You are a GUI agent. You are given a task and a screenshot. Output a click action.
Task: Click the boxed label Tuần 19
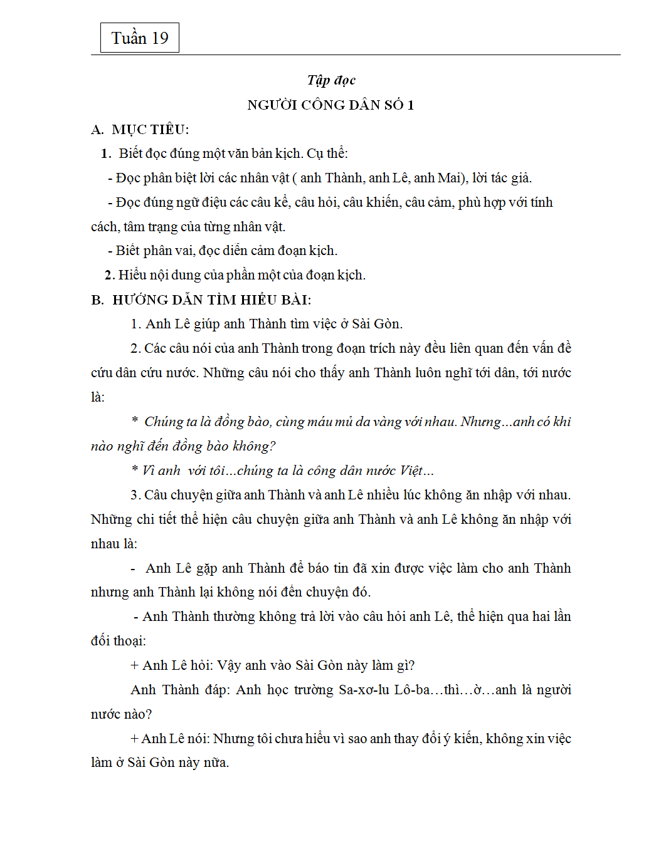coord(140,38)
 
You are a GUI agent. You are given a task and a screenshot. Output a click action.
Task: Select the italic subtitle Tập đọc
coord(331,80)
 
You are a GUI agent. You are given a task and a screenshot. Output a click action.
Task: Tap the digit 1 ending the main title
coord(411,105)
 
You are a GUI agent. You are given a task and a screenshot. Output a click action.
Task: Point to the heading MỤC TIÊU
coord(150,130)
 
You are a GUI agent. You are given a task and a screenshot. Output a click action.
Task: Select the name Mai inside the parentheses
coord(449,178)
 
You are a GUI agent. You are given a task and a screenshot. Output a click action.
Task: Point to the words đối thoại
coord(118,641)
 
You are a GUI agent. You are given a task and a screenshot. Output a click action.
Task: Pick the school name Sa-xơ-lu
coord(364,690)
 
